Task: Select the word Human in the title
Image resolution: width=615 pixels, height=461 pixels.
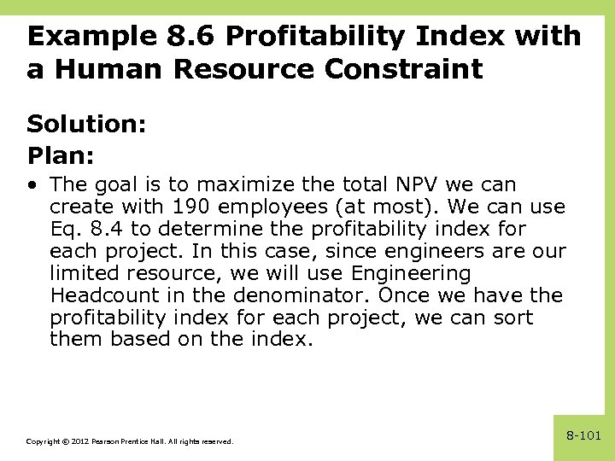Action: coord(112,69)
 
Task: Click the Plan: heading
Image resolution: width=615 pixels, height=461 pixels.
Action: coord(61,156)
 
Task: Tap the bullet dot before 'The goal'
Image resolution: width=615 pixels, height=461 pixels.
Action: coord(32,184)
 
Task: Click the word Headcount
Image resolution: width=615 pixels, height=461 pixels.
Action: coord(104,295)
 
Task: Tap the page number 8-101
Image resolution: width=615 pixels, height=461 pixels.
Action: coord(584,435)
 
